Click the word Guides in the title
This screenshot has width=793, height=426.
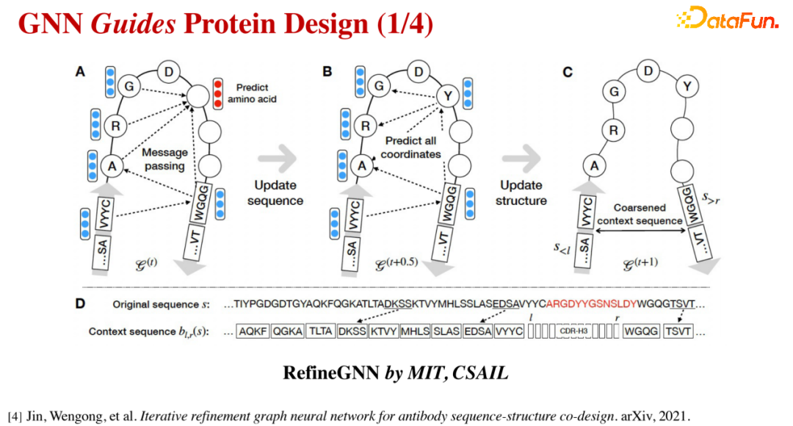pyautogui.click(x=134, y=24)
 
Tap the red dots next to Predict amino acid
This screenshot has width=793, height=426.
pyautogui.click(x=217, y=93)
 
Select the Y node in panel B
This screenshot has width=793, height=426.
pyautogui.click(x=448, y=95)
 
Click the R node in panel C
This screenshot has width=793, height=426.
pyautogui.click(x=613, y=131)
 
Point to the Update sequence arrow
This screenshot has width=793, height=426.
pyautogui.click(x=278, y=158)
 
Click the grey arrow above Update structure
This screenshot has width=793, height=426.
pyautogui.click(x=521, y=158)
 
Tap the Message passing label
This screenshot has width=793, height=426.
pyautogui.click(x=164, y=159)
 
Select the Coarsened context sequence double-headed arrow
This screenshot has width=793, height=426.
pyautogui.click(x=640, y=231)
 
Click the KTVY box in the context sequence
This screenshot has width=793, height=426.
pyautogui.click(x=383, y=331)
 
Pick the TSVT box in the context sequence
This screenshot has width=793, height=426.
pyautogui.click(x=678, y=331)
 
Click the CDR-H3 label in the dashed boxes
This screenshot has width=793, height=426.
pyautogui.click(x=573, y=331)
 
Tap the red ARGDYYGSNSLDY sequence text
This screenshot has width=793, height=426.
pyautogui.click(x=591, y=304)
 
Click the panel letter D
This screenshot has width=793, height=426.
pyautogui.click(x=80, y=303)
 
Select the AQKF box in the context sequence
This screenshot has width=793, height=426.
pyautogui.click(x=253, y=331)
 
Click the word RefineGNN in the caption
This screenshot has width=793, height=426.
pyautogui.click(x=330, y=373)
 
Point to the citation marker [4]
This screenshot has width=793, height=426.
pyautogui.click(x=15, y=416)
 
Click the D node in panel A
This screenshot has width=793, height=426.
pyautogui.click(x=169, y=72)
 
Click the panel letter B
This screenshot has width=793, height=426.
pyautogui.click(x=327, y=72)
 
